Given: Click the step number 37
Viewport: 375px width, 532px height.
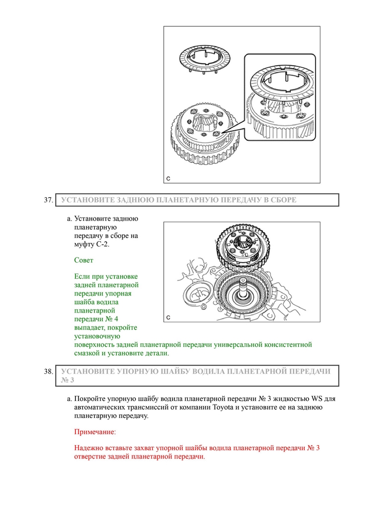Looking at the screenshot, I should pyautogui.click(x=48, y=200).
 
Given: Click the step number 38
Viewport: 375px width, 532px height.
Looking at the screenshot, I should pyautogui.click(x=48, y=371).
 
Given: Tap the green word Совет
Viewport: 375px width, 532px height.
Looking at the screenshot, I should pyautogui.click(x=84, y=261).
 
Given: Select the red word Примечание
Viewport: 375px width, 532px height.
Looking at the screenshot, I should pyautogui.click(x=95, y=432).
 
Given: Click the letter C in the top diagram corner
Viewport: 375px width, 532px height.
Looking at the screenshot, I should pyautogui.click(x=168, y=178).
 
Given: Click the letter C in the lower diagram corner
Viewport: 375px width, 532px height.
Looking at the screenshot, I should pyautogui.click(x=168, y=317).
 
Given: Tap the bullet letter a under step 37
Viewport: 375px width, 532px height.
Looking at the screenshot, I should pyautogui.click(x=69, y=218).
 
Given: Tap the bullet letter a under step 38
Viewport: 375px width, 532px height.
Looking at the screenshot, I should pyautogui.click(x=69, y=398).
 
